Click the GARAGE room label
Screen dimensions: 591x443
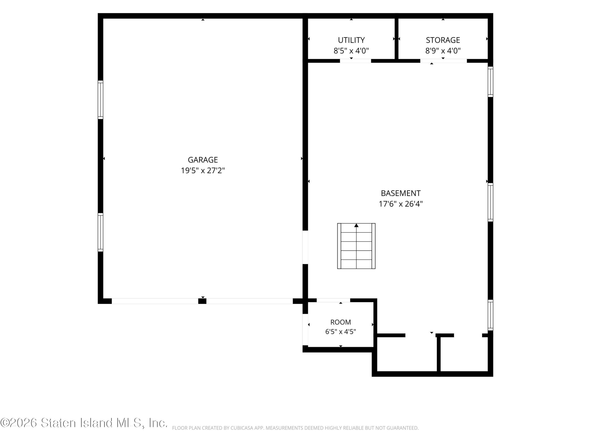coord(203,160)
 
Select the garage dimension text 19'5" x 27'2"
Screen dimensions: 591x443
coord(203,170)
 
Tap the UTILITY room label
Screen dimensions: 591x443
coord(351,40)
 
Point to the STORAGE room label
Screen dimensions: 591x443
coord(443,40)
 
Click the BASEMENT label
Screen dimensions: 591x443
coord(401,193)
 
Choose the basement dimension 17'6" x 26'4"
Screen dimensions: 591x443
coord(401,204)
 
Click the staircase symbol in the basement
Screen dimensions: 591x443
coord(356,246)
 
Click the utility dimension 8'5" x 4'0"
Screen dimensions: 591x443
coord(351,51)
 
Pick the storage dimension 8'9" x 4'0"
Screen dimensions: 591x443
coord(443,51)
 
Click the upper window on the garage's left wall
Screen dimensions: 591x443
coord(100,100)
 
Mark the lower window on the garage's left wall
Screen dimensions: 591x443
coord(100,232)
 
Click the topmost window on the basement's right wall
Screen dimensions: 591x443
coord(490,82)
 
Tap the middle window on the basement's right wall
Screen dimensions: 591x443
coord(490,202)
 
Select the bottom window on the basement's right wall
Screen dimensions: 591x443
coord(490,315)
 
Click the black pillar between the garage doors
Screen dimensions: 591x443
coord(202,301)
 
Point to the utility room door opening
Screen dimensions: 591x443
coord(355,61)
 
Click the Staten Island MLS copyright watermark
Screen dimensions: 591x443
coord(84,423)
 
